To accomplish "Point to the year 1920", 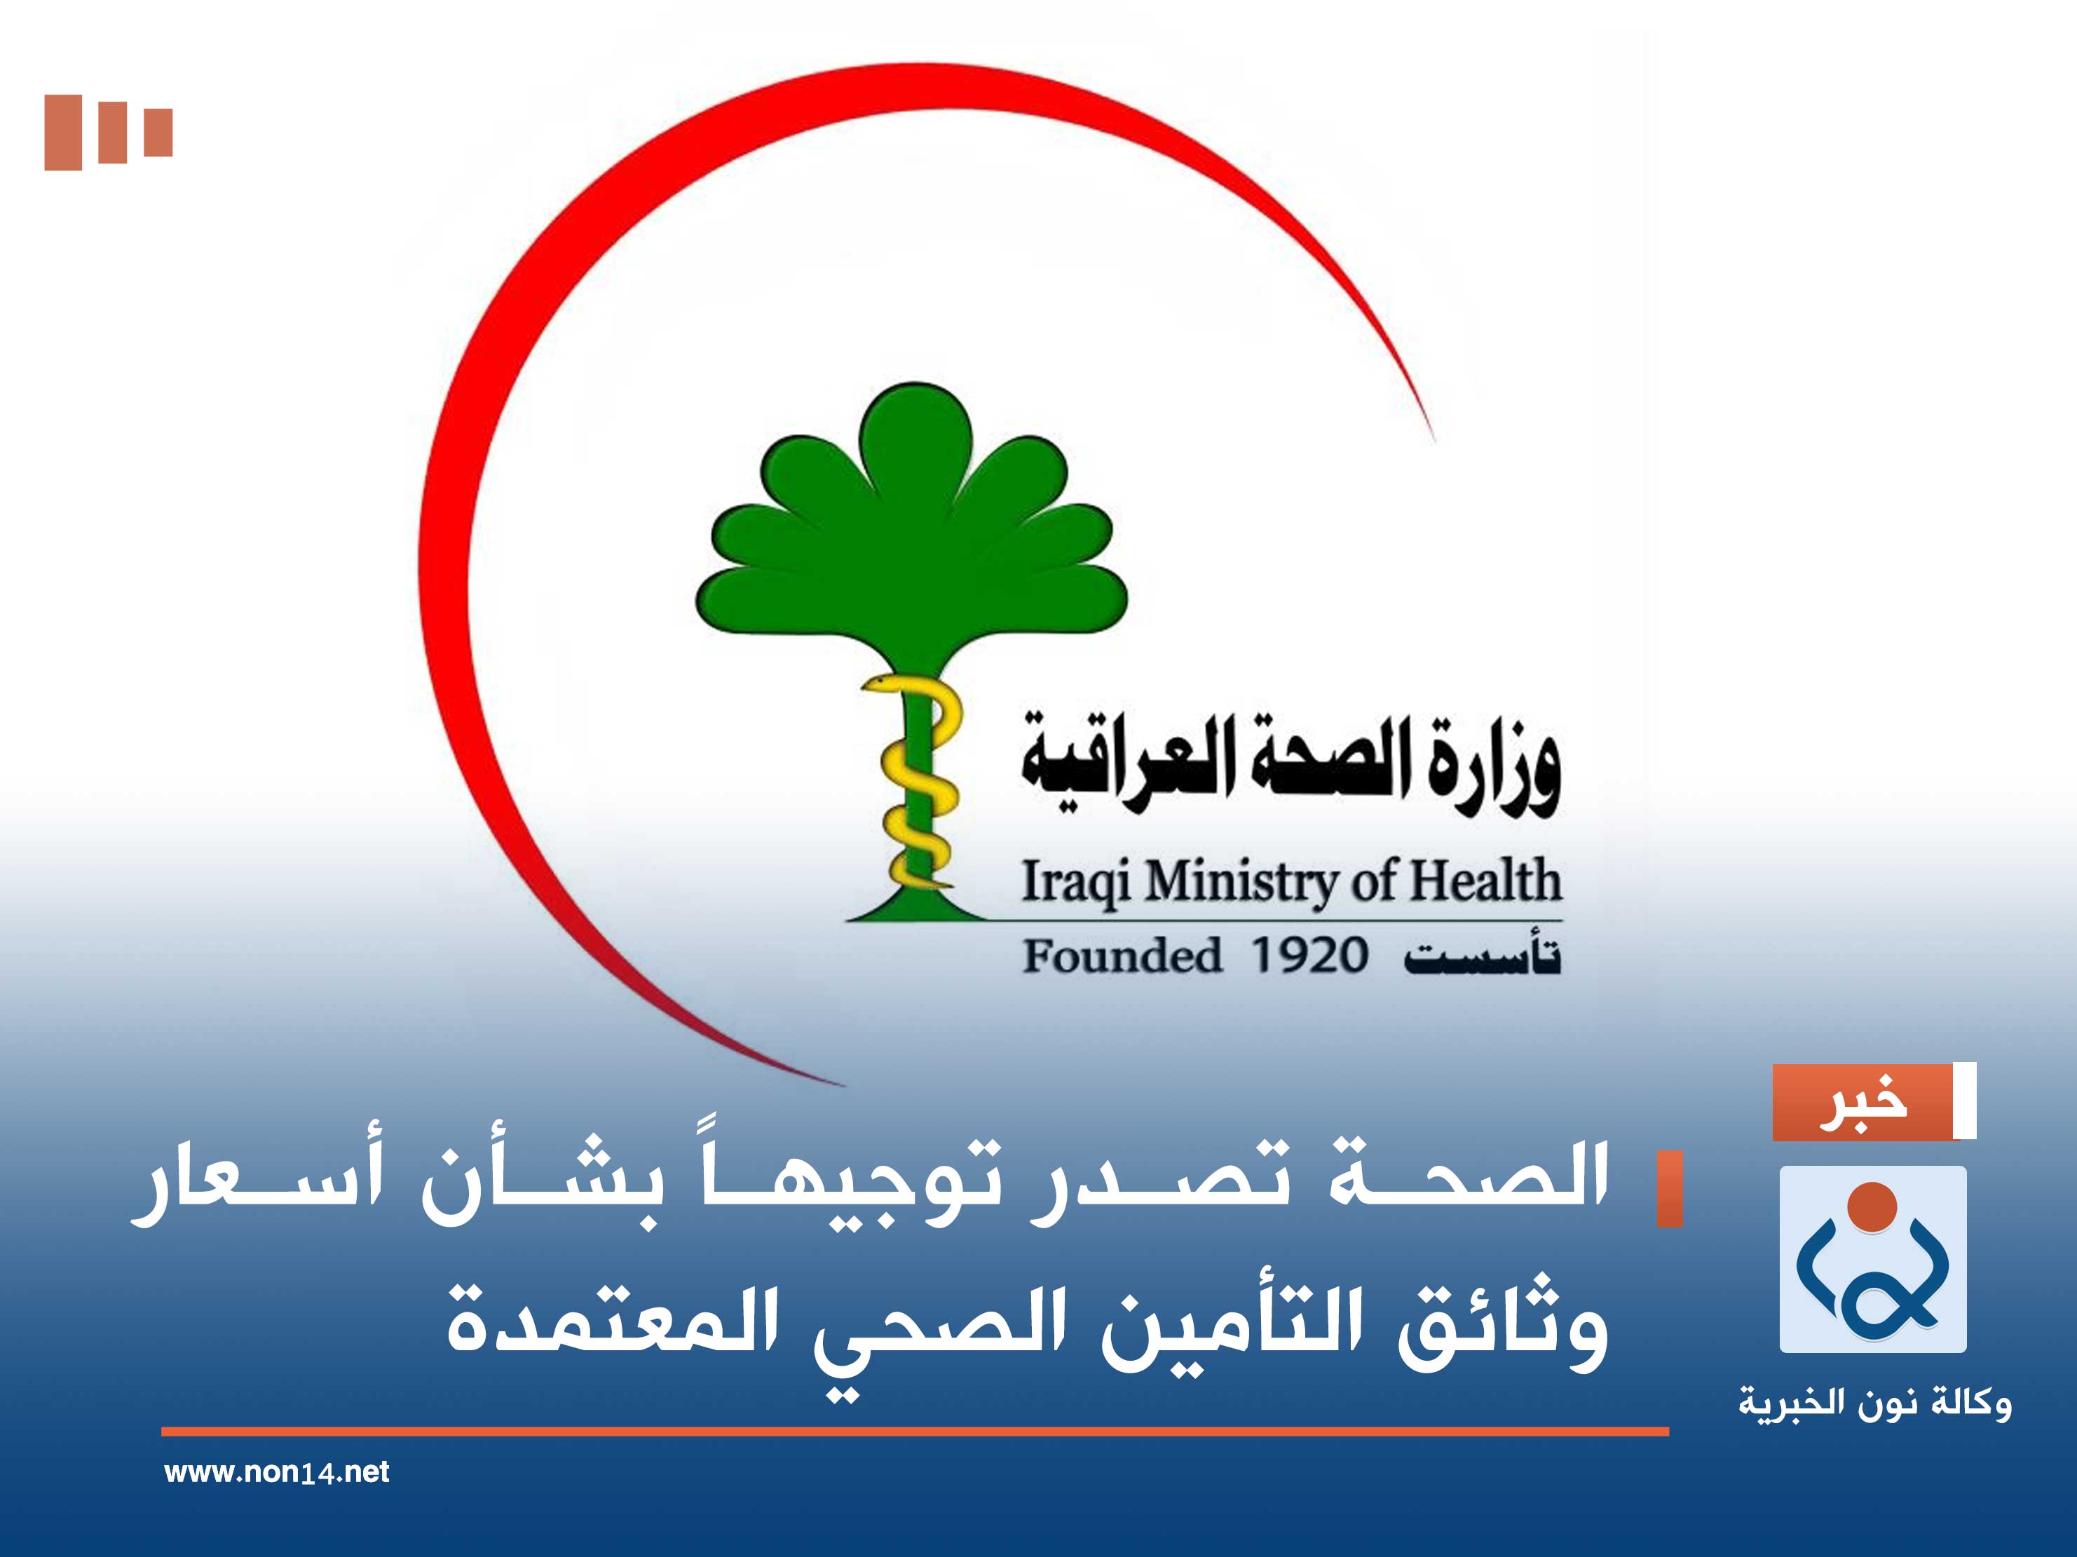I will tap(1309, 957).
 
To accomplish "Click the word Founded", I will tap(1122, 957).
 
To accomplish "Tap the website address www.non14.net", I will tap(276, 1472).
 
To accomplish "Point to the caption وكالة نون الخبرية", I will tap(1874, 1405).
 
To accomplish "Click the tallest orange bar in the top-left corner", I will tap(63, 132).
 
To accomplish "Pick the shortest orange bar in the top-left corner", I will tap(158, 132).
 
